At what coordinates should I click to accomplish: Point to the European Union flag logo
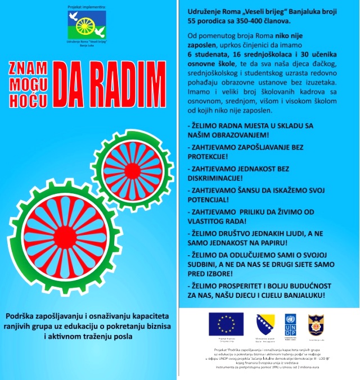pos(226,324)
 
